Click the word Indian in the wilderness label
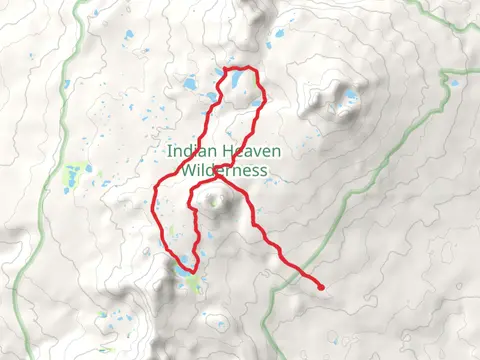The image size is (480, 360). tap(189, 152)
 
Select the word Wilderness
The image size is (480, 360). tap(225, 170)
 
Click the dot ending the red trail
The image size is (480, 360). tap(321, 287)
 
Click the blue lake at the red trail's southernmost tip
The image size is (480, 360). tap(182, 269)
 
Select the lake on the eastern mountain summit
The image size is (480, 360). tap(350, 97)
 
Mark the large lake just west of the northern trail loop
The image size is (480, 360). tap(187, 88)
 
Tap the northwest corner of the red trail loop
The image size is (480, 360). tap(223, 70)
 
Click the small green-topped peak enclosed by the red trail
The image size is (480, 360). tap(213, 203)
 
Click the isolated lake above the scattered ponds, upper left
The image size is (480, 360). tap(128, 37)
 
